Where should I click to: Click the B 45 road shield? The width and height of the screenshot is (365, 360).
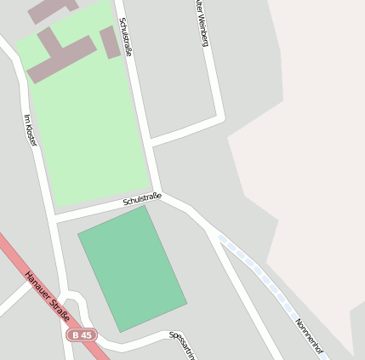click(82, 335)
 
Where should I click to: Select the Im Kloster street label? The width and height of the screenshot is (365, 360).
click(31, 130)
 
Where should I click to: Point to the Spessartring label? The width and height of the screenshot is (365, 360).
click(182, 344)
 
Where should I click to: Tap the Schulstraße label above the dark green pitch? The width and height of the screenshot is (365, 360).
click(141, 199)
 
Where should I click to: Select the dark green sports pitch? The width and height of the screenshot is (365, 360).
click(132, 268)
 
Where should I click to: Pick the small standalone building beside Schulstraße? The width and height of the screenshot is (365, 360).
click(110, 42)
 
